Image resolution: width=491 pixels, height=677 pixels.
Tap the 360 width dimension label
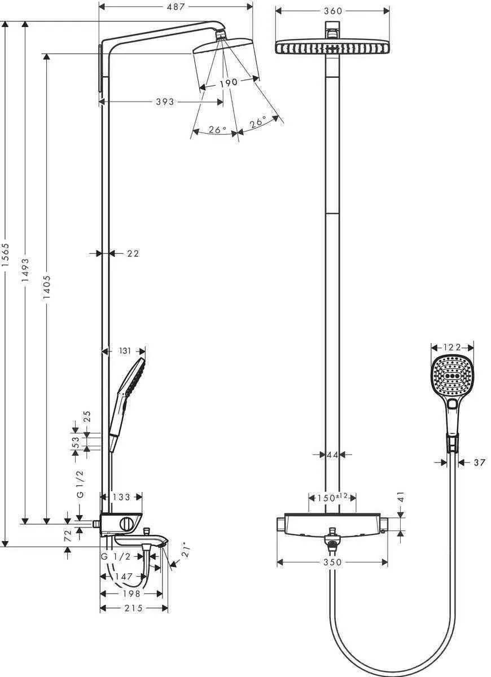point(332,11)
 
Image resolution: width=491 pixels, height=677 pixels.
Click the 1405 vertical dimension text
point(47,288)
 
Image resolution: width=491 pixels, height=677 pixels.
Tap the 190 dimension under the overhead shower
point(229,82)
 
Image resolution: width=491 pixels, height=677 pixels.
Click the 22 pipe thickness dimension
point(133,254)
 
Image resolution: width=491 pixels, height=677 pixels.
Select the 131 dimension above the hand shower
point(125,351)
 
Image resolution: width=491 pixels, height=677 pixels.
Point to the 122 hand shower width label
point(452,347)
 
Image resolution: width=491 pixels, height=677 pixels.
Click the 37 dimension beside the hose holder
point(479,463)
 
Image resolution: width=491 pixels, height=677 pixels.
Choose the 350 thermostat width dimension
point(332,562)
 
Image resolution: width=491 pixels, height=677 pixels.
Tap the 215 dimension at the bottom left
point(134,608)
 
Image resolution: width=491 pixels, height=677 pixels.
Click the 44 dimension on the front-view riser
point(332,454)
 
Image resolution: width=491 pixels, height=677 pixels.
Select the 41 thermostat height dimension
point(401,497)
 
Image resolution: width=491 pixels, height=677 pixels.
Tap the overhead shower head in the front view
point(332,47)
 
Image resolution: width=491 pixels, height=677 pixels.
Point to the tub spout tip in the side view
point(165,543)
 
